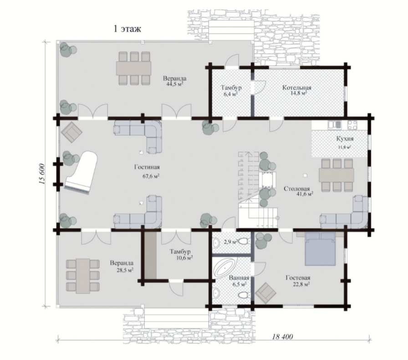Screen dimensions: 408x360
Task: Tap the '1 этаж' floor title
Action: (x=127, y=29)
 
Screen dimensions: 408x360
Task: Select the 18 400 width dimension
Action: (x=282, y=337)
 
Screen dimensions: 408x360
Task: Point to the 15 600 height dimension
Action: (x=42, y=174)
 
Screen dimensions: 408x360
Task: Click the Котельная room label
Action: (x=297, y=87)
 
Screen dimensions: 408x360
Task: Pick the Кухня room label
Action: (x=345, y=139)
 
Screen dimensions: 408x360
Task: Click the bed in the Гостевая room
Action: (x=320, y=248)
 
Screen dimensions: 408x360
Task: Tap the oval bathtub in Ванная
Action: (x=225, y=268)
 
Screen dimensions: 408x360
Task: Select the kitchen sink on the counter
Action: (x=334, y=125)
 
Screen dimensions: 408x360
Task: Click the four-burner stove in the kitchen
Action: (x=352, y=125)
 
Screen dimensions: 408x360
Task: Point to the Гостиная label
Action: (x=147, y=167)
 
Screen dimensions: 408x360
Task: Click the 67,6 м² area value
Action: (x=151, y=176)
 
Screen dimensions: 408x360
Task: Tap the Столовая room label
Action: (x=296, y=189)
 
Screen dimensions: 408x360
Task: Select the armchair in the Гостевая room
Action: (x=265, y=293)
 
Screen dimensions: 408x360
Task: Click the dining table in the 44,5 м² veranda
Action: (x=133, y=68)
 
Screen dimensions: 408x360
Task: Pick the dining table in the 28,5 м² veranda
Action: (x=83, y=276)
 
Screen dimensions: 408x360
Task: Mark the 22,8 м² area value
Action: (x=301, y=284)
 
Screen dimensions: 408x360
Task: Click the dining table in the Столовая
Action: (x=337, y=175)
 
